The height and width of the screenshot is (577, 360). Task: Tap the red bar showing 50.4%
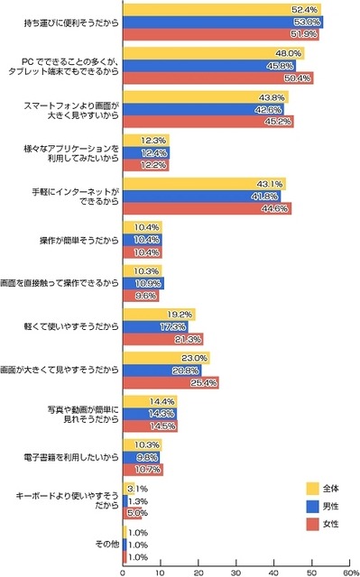[217, 78]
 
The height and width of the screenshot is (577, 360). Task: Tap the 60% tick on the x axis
[350, 571]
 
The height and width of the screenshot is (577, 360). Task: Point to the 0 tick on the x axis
[123, 571]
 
